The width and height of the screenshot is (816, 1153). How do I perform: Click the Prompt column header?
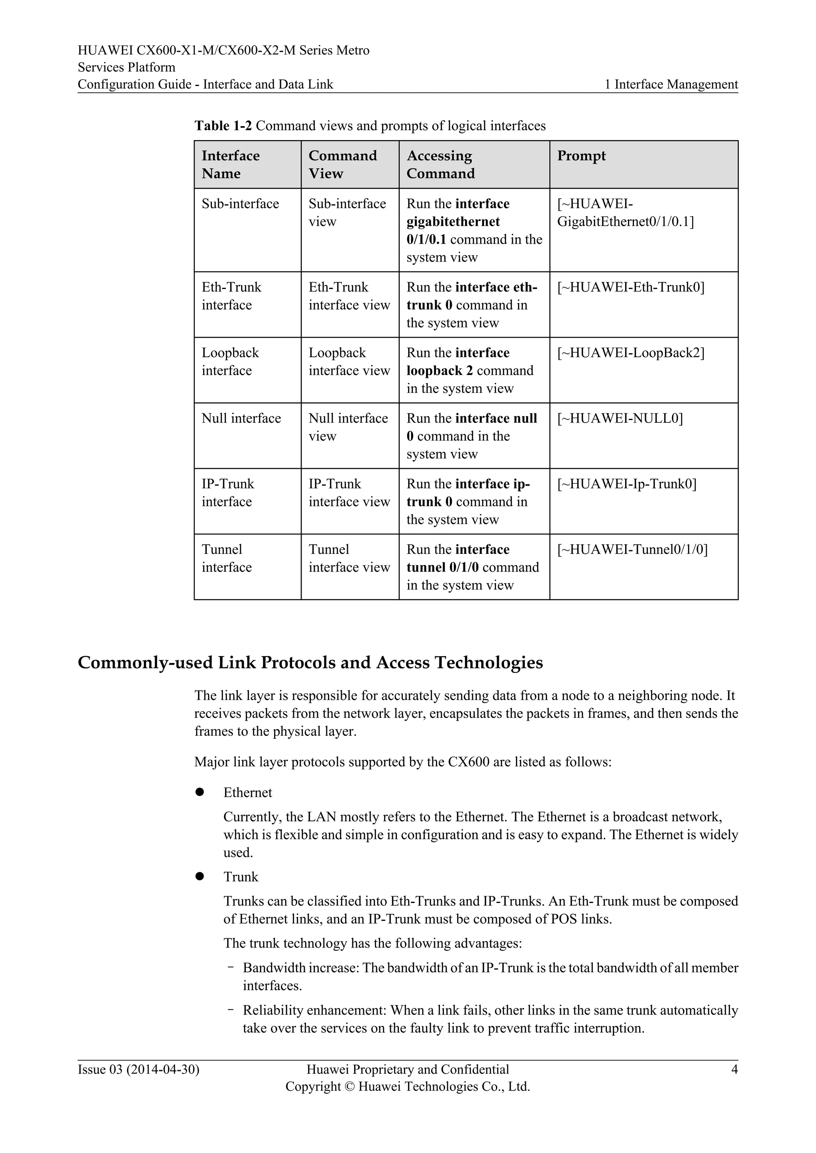click(x=581, y=156)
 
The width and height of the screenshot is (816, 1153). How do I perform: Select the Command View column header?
click(x=342, y=164)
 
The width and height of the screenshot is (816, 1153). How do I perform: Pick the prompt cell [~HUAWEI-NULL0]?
click(x=620, y=418)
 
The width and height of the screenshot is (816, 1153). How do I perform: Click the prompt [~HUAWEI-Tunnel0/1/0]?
click(x=632, y=549)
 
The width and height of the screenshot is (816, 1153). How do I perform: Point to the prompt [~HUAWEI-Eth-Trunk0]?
click(x=631, y=287)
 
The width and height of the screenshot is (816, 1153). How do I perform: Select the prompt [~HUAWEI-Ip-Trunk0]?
click(x=627, y=484)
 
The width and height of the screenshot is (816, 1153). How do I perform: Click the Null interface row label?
click(x=241, y=418)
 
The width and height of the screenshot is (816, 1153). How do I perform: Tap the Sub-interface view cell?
click(x=347, y=213)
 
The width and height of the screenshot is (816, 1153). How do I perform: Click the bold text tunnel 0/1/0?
click(x=442, y=567)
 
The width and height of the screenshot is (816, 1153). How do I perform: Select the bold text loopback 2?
click(x=439, y=371)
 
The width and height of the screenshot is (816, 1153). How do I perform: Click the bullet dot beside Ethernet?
click(x=200, y=792)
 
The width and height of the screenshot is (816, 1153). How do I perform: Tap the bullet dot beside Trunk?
click(x=200, y=876)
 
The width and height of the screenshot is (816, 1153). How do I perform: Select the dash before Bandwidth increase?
click(x=230, y=967)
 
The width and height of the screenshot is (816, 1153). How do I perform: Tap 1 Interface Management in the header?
click(x=671, y=84)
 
